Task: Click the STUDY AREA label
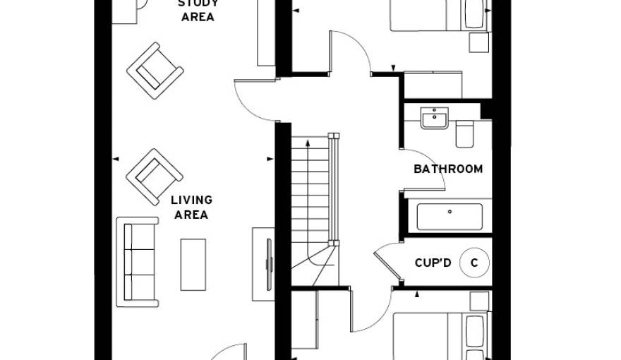pyautogui.click(x=198, y=11)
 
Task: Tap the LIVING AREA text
pyautogui.click(x=191, y=208)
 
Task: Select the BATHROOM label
pyautogui.click(x=448, y=169)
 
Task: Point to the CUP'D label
pyautogui.click(x=433, y=263)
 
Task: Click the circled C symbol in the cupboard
pyautogui.click(x=474, y=263)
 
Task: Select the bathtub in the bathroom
pyautogui.click(x=450, y=217)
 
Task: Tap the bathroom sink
pyautogui.click(x=434, y=118)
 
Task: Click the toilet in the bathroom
pyautogui.click(x=465, y=133)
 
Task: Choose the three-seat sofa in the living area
pyautogui.click(x=138, y=261)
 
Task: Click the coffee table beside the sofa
pyautogui.click(x=193, y=264)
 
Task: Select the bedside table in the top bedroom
pyautogui.click(x=479, y=43)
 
